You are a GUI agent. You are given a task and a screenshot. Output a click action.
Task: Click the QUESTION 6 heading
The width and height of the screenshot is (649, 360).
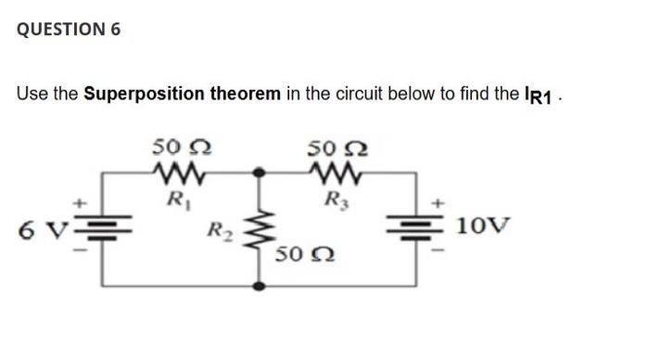click(x=69, y=30)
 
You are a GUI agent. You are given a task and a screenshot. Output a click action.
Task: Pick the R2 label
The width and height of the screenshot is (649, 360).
click(x=221, y=228)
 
